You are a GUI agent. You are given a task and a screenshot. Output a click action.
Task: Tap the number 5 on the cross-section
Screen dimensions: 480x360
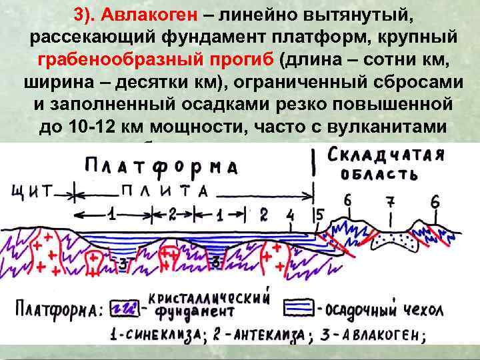coord(319,215)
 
